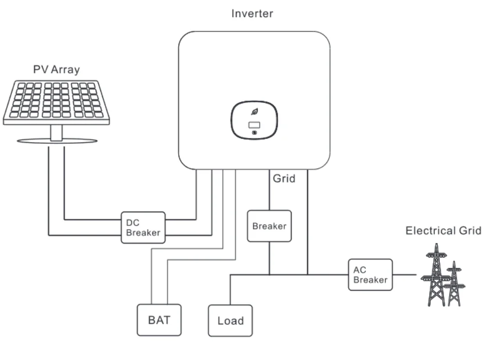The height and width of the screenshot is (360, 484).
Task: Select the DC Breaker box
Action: tap(143, 227)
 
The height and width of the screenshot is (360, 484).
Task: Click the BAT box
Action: tap(159, 320)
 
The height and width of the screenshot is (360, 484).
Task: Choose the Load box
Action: tap(230, 321)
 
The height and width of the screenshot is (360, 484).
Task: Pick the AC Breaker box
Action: tap(370, 275)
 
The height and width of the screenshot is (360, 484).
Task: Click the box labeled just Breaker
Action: tap(269, 226)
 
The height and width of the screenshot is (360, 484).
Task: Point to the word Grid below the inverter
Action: tap(283, 179)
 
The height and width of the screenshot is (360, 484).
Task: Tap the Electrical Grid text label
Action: tap(443, 230)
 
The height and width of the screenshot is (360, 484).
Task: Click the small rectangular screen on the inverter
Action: tap(254, 125)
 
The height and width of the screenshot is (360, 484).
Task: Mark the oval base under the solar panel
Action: tap(56, 140)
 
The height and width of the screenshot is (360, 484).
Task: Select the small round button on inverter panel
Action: tap(254, 133)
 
